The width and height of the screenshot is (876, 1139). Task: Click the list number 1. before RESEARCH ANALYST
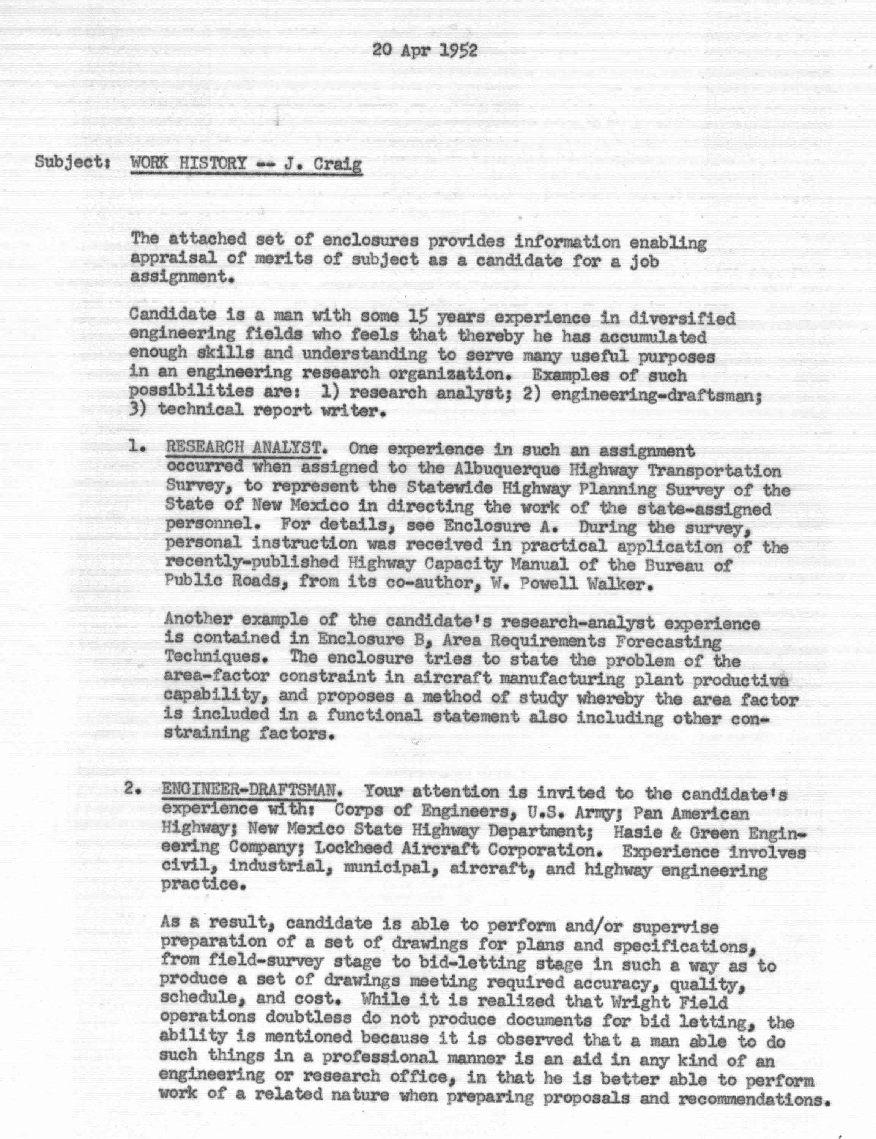137,446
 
